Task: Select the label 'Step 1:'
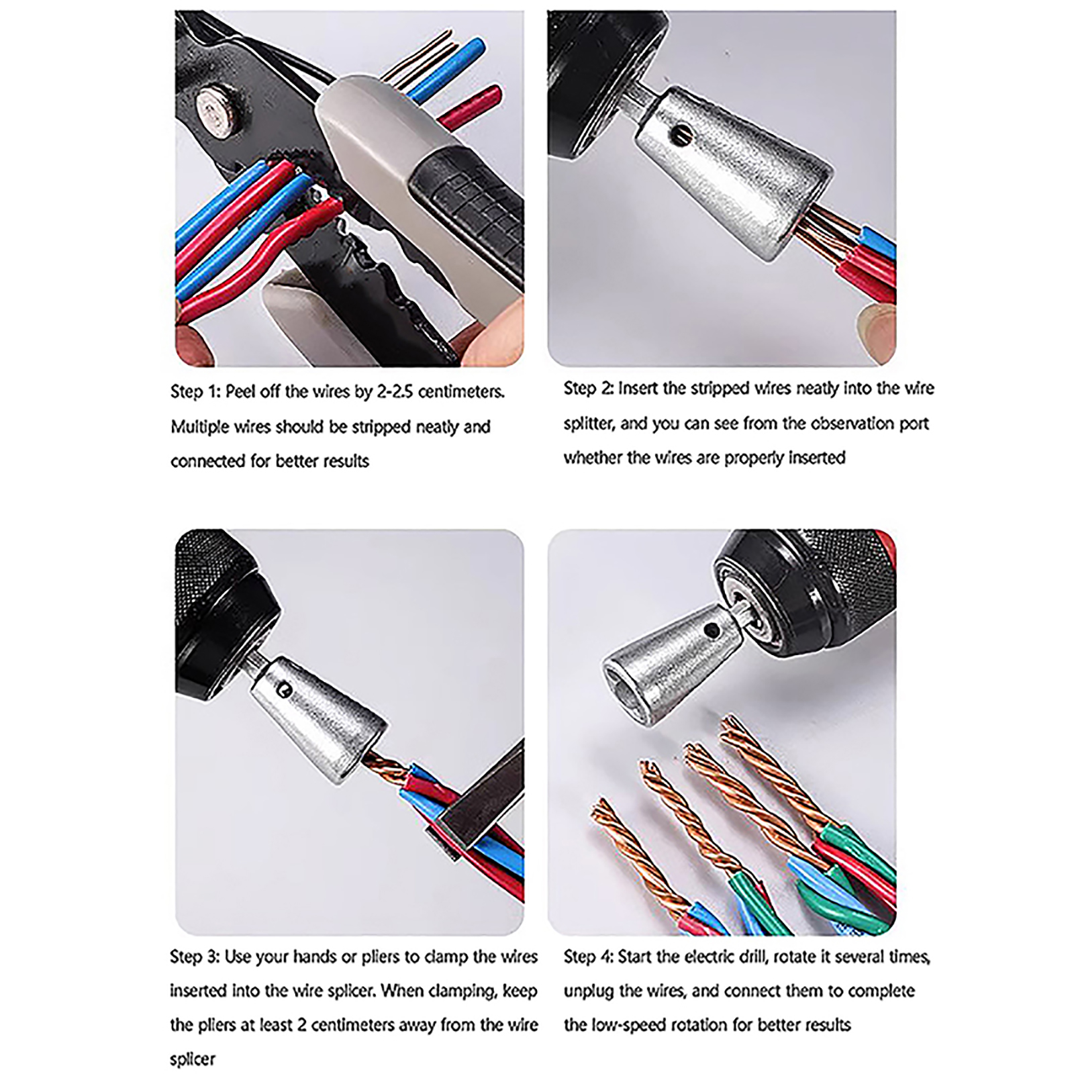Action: (x=195, y=392)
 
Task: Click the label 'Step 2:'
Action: (x=588, y=388)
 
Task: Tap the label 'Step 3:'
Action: (x=195, y=957)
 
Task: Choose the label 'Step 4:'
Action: (x=588, y=957)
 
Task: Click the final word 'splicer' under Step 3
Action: (x=193, y=1060)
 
